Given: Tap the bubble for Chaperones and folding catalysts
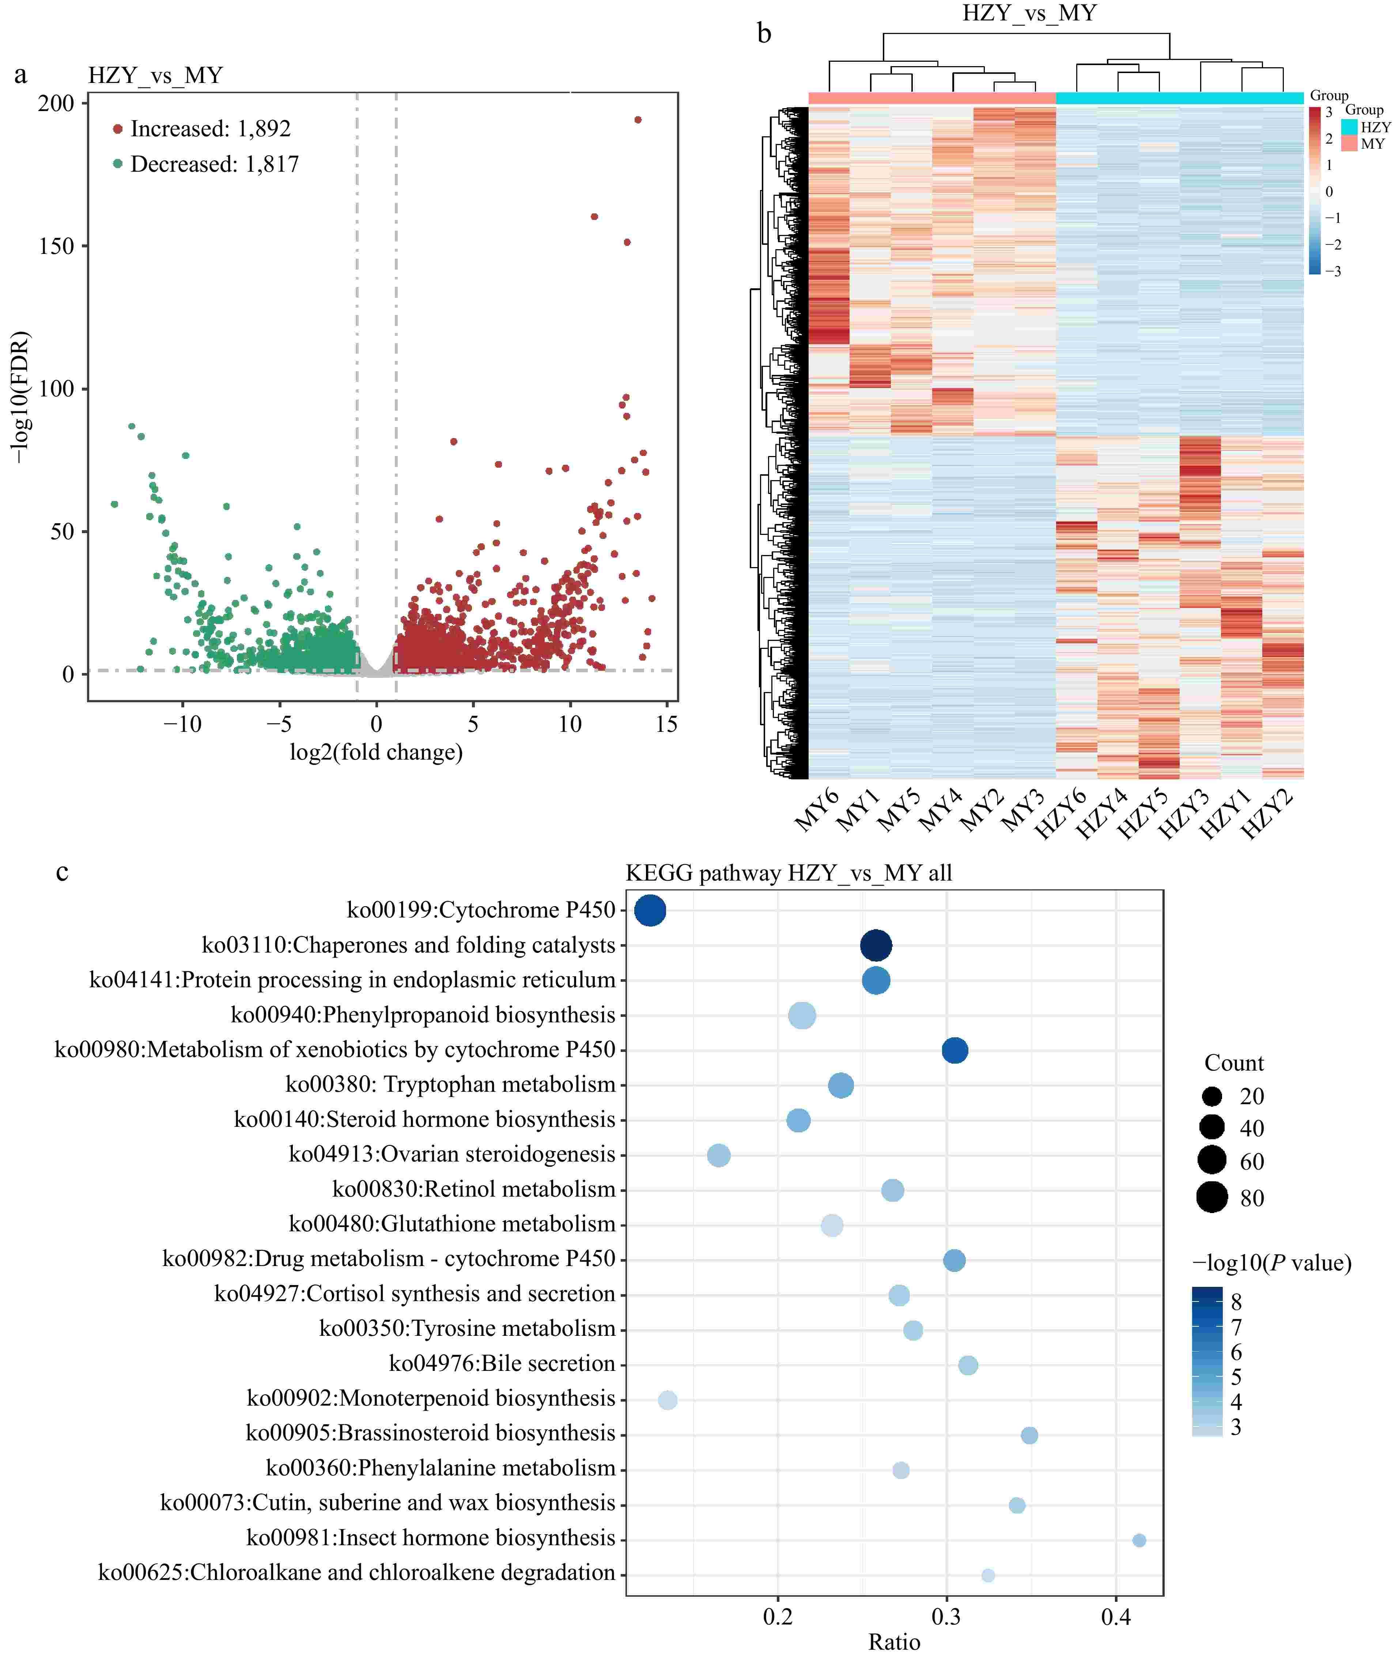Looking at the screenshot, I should coord(876,945).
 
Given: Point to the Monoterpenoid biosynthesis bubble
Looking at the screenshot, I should coord(668,1400).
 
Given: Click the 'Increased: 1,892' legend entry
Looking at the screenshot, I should coord(210,129).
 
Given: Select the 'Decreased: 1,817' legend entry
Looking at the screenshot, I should coord(214,164).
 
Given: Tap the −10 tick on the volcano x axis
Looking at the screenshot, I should coord(182,724).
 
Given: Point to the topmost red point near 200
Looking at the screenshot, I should coord(638,120).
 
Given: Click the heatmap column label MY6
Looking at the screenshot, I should coord(817,810).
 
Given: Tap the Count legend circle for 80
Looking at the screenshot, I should coord(1212,1197).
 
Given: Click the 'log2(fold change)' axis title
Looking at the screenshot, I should coord(376,752).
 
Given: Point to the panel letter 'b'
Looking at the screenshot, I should coord(764,33).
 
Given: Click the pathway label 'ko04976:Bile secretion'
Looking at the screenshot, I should coord(502,1364).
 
